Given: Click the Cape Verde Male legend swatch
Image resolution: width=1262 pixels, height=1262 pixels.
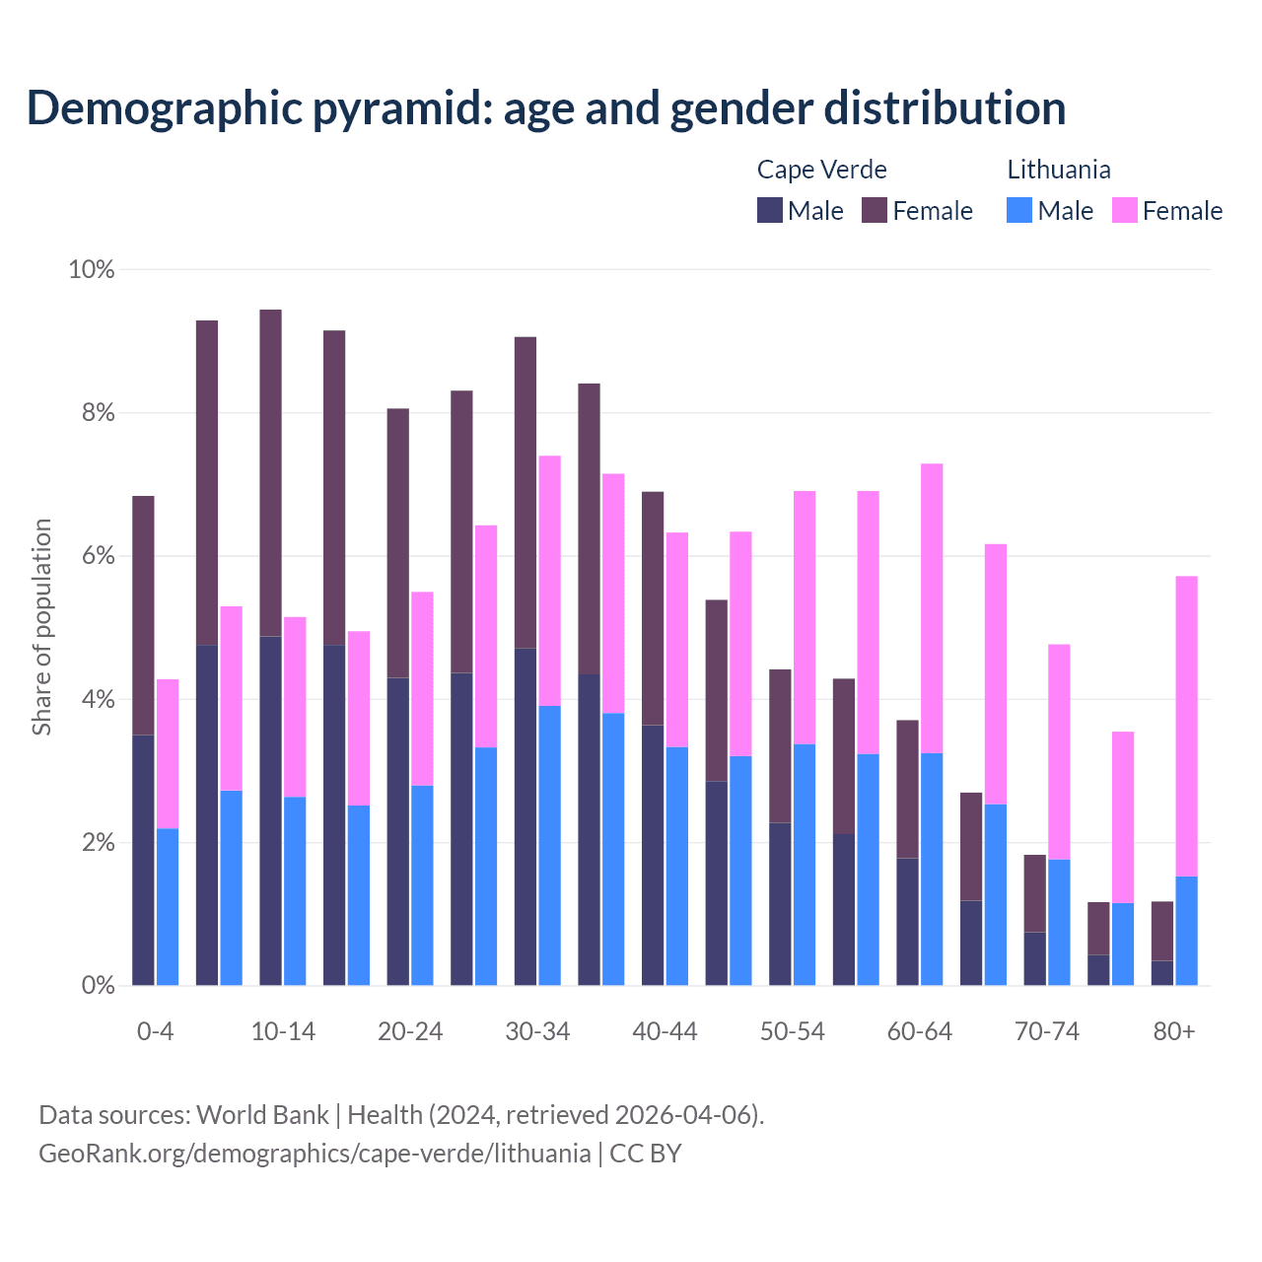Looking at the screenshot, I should (x=770, y=210).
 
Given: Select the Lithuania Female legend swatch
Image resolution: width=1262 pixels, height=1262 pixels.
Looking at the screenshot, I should (x=1125, y=210).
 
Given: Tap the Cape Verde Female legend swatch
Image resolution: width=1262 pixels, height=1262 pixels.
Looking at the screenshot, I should (x=875, y=210).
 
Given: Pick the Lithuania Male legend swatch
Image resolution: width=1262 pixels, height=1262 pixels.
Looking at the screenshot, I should (x=1019, y=210).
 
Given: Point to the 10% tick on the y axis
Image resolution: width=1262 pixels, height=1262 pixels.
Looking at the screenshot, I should (x=92, y=269).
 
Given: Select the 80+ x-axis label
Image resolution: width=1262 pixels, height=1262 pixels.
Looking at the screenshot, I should (x=1174, y=1032).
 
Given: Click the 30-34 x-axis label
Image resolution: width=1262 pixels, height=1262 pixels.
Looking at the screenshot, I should (x=537, y=1032).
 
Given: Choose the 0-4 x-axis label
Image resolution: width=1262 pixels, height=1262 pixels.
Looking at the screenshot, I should (x=156, y=1032).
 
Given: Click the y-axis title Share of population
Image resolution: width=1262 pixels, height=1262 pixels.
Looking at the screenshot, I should (x=42, y=627).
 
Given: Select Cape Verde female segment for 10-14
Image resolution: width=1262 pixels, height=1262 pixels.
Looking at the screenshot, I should (x=270, y=473).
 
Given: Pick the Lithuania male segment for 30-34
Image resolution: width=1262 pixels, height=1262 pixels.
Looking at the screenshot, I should (x=549, y=845).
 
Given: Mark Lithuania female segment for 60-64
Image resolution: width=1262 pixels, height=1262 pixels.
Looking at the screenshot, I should (x=932, y=607).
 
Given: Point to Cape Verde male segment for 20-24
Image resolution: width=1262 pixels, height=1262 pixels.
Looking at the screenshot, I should (x=397, y=831).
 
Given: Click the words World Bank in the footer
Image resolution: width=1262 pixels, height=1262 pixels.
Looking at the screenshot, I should (x=262, y=1115).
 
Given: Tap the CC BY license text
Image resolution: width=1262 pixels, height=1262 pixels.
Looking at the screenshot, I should (x=646, y=1154).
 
